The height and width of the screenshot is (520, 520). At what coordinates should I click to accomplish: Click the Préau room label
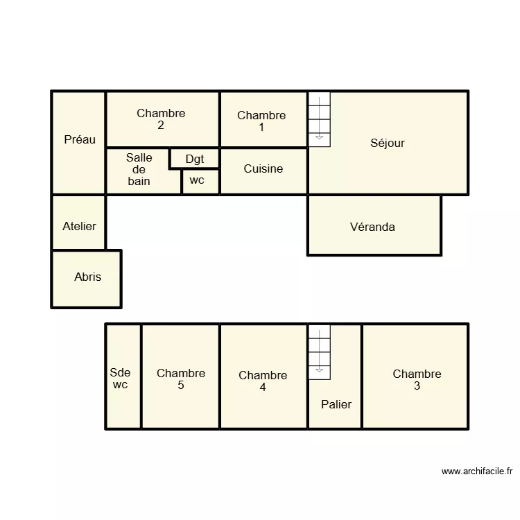pos(80,139)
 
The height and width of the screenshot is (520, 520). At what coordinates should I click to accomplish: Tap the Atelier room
pos(79,223)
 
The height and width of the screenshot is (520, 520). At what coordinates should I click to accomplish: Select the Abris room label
pos(87,277)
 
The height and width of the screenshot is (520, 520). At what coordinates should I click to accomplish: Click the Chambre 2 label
pos(161,119)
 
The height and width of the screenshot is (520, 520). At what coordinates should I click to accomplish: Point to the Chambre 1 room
pos(263,119)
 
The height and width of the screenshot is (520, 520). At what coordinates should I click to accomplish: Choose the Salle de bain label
pos(139,169)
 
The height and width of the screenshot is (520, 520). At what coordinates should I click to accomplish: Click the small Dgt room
pos(195,159)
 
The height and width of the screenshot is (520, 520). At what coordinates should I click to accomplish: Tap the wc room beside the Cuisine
pos(200,182)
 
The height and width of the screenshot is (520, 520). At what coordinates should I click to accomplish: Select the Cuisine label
pos(263,168)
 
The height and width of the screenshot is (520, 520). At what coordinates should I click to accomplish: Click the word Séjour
pos(388,144)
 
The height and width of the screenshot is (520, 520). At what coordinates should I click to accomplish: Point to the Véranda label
pos(372,227)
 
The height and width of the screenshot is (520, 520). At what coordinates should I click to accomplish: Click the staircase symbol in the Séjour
pos(320,119)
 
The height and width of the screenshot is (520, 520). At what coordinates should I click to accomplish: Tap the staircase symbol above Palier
pos(320,352)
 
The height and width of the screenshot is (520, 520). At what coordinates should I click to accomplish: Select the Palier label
pos(336,404)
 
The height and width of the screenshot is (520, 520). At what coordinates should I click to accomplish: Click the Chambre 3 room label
pos(417,380)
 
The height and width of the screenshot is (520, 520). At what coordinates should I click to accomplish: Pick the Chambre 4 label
pos(263,381)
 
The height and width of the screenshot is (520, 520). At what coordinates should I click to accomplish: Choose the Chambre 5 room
pos(180,376)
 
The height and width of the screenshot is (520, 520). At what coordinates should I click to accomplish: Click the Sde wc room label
pos(120,379)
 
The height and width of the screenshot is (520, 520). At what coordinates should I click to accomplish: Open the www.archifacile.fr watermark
pos(477,471)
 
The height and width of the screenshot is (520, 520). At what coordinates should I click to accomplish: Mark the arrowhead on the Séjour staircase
pos(319,137)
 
